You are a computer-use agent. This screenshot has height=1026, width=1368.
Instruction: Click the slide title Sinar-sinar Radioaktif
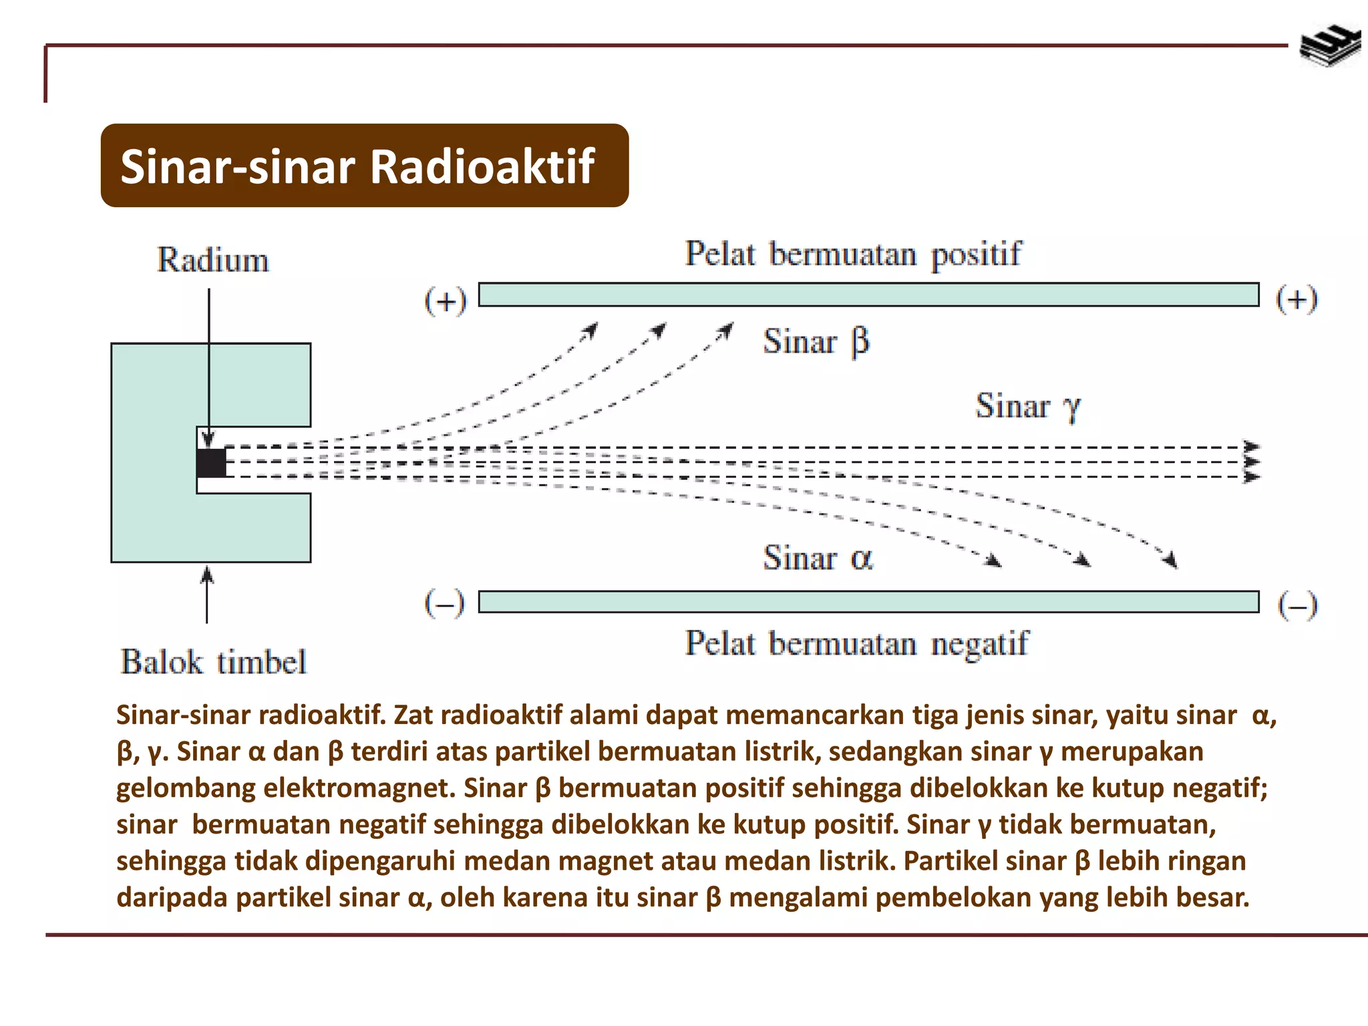[x=357, y=166]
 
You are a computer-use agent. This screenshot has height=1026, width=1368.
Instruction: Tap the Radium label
[x=213, y=261]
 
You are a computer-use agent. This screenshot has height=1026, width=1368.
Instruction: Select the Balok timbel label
[x=213, y=662]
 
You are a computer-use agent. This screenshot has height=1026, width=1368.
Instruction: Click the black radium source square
[x=212, y=463]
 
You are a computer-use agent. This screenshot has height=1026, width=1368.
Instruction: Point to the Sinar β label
[x=816, y=342]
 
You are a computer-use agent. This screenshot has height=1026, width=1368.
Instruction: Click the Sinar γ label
[x=1027, y=406]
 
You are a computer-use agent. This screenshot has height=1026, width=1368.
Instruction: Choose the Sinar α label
[x=818, y=558]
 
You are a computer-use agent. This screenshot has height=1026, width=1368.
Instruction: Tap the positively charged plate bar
[x=868, y=295]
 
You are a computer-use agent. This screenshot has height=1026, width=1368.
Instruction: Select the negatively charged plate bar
[x=868, y=602]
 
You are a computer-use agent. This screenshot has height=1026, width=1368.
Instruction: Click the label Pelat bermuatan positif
[x=853, y=254]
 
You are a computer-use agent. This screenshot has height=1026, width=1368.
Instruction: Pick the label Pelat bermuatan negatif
[x=857, y=644]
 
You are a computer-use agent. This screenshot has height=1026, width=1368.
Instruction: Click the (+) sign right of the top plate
[x=1297, y=299]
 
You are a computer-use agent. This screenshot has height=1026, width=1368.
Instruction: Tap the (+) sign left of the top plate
[x=446, y=301]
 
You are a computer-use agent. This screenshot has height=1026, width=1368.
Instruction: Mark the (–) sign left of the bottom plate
[x=444, y=605]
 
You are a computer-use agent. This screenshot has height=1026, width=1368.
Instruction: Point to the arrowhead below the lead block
[x=207, y=574]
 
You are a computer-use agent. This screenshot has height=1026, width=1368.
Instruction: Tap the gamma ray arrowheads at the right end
[x=1250, y=462]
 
